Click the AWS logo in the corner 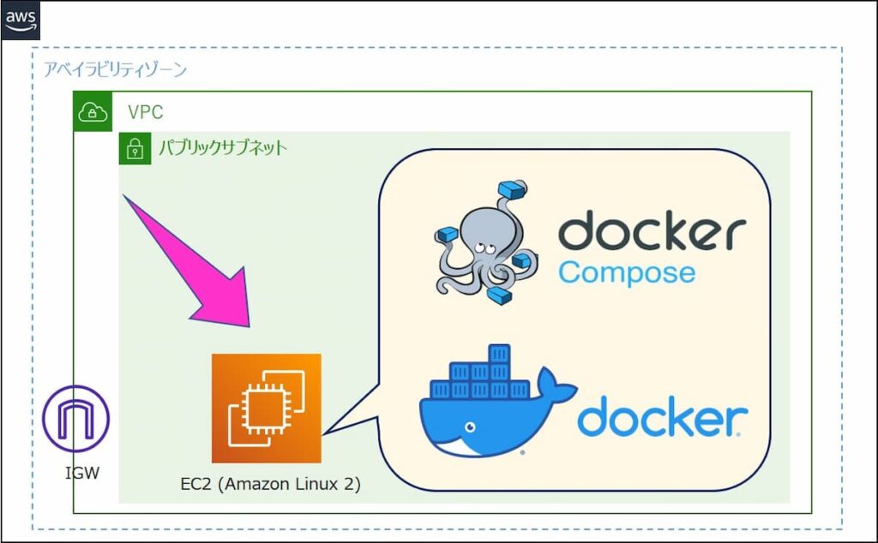[20, 19]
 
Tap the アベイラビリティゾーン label [115, 70]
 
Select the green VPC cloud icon [91, 111]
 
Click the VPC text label [145, 112]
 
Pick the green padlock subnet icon [134, 148]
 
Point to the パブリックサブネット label [221, 148]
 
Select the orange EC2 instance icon [266, 408]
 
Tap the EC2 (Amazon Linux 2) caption [270, 484]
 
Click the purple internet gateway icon [75, 420]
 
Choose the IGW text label [82, 472]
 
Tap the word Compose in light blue [627, 273]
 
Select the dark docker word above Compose [652, 232]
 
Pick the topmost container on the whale [499, 353]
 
